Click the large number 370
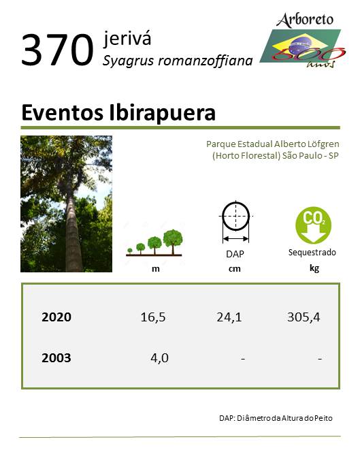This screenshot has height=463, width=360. pos(57,50)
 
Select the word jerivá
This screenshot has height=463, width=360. pos(127,39)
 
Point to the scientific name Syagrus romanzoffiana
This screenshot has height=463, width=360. pos(178,61)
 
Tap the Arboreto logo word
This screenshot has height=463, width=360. pos(305,20)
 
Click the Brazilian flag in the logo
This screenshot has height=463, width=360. pos(301,46)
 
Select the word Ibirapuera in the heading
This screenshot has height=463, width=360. pos(162,113)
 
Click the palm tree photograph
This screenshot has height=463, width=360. pos(67,204)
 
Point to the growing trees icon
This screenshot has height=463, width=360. pos(154,242)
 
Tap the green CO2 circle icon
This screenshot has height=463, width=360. pos(313,225)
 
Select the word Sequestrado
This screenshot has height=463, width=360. pos(312,253)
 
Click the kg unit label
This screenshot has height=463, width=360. pos(314,268)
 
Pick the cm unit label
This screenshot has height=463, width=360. pos(235,269)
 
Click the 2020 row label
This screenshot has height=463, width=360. pos(56,317)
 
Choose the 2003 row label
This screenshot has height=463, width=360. pos(56,358)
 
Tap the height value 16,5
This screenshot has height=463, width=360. pos(153,317)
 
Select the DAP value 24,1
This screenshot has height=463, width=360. pos(229,317)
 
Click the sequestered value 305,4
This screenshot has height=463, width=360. pos(304,317)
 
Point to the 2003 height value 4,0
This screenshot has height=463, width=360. pos(160,358)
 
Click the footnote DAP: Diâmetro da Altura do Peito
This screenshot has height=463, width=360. pos(276,418)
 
